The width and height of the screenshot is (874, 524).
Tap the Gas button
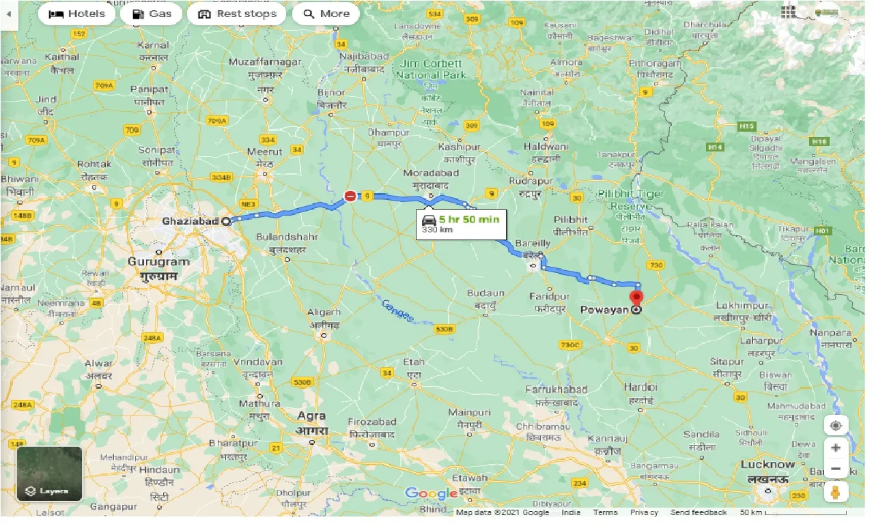point(151,14)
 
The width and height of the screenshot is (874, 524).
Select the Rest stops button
point(236,14)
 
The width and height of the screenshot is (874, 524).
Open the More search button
point(326,14)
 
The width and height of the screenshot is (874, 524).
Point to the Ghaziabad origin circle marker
point(226,220)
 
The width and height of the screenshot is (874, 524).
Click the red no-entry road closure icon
point(350,196)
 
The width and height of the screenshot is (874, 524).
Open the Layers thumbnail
point(49,474)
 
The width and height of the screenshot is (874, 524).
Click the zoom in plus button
point(836,448)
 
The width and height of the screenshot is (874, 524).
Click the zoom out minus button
point(836,469)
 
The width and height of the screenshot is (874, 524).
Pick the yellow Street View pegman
point(836,492)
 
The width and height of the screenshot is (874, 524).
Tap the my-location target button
point(836,426)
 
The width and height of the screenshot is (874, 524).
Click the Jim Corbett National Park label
point(431,69)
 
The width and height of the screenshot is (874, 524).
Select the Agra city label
point(311,416)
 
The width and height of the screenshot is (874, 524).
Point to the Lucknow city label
point(767,465)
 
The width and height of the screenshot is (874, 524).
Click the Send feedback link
point(698,512)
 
